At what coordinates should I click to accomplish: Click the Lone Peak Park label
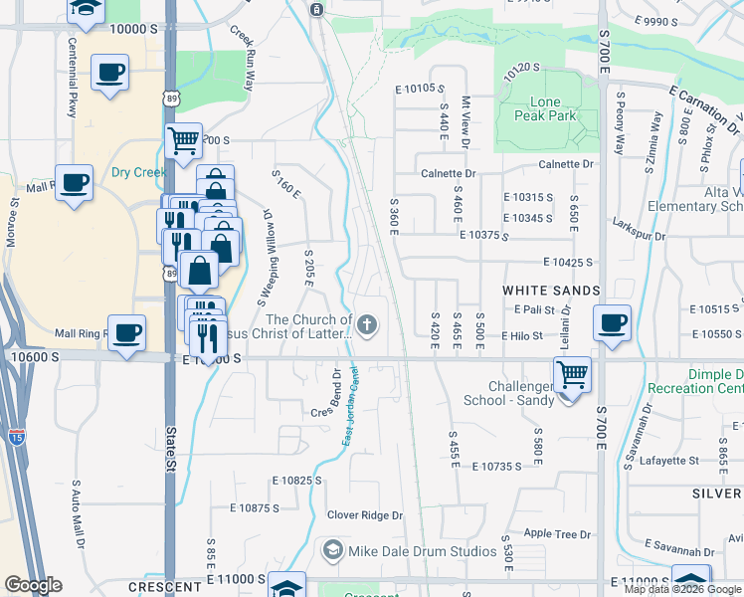tap(545, 108)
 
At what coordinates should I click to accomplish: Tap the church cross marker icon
tap(368, 324)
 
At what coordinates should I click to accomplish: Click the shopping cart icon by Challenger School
tap(572, 376)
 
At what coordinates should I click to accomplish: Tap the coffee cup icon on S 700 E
tap(612, 322)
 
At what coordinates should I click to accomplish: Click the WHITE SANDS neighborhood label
tap(551, 291)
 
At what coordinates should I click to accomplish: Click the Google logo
tap(33, 585)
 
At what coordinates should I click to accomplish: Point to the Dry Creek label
tap(137, 172)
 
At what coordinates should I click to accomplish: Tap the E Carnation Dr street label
tap(704, 108)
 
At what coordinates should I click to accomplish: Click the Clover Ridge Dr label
tap(365, 515)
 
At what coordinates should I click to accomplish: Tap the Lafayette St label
tap(668, 461)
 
